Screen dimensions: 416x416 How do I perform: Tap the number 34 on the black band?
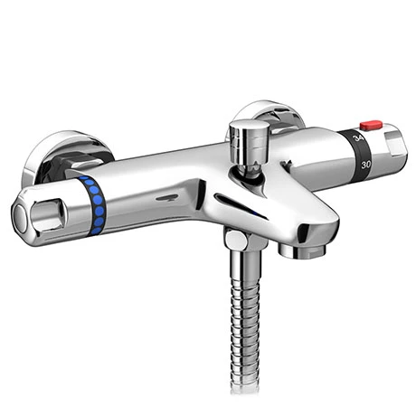(360, 138)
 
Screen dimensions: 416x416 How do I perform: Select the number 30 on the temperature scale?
(364, 165)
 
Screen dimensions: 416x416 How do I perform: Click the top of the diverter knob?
(245, 127)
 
